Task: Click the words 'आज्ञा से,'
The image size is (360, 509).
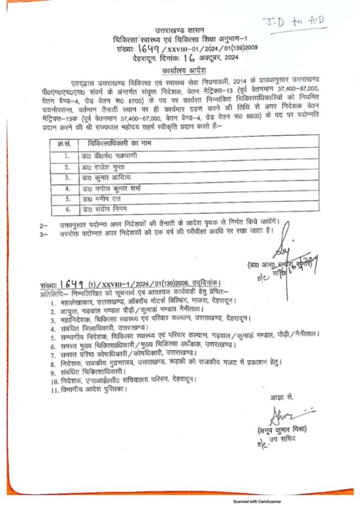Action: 282,397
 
